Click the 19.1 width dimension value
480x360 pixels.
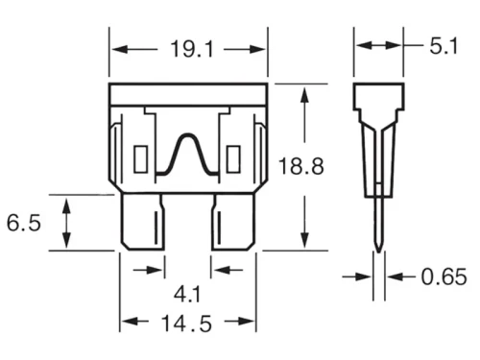(192, 49)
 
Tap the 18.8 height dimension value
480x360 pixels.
(301, 166)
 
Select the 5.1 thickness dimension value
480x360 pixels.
(444, 46)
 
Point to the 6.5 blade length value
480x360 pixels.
(24, 223)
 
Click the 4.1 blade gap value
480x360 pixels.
(187, 295)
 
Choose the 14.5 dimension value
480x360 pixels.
(186, 324)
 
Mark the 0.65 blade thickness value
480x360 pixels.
(444, 276)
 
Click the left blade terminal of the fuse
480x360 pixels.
(143, 222)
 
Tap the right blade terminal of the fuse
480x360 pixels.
(233, 222)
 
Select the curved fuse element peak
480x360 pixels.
(187, 136)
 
